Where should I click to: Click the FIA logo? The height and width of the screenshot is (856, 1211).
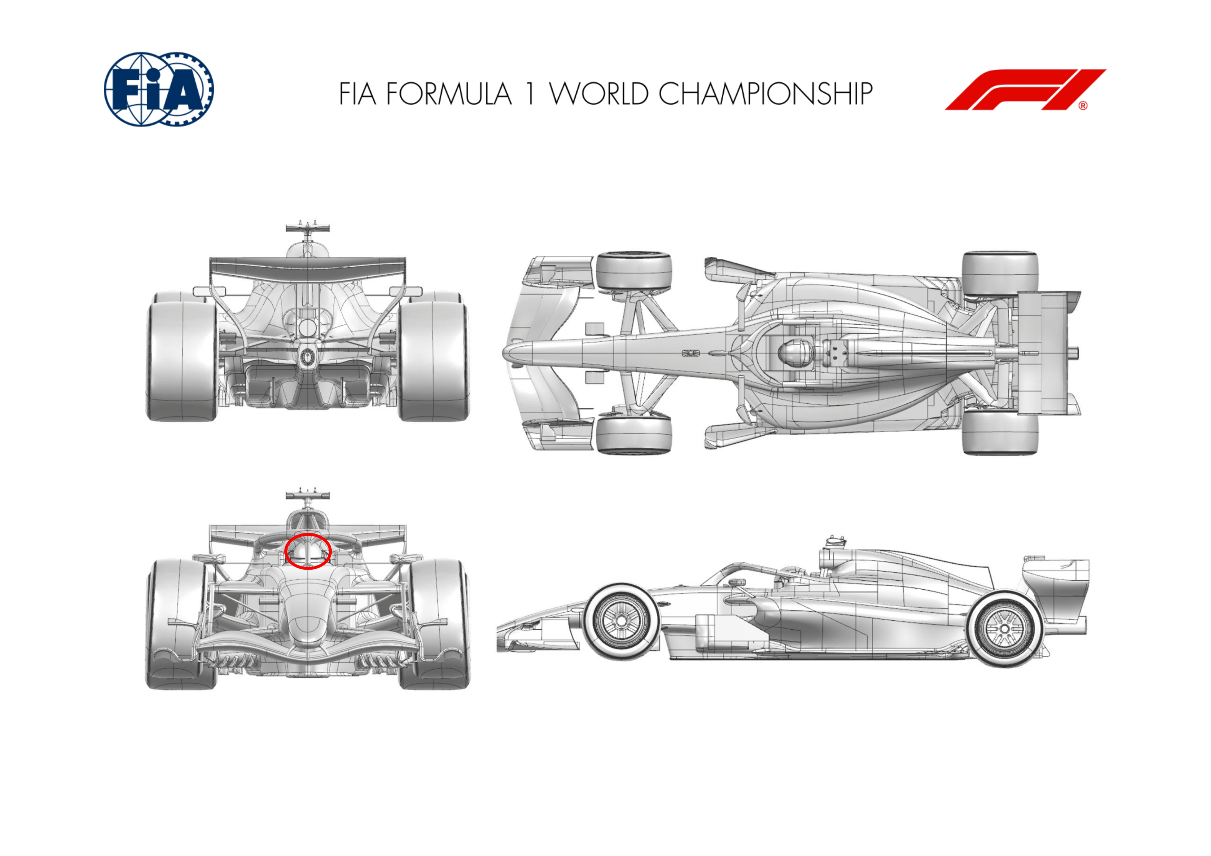(159, 89)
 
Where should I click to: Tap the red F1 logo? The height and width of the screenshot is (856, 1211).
(1025, 90)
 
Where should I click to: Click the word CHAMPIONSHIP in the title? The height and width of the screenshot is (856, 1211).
(765, 94)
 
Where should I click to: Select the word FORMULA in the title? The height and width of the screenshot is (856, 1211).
(449, 94)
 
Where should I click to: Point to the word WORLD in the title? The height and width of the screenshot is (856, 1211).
(599, 94)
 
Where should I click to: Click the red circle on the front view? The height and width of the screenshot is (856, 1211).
(308, 551)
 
